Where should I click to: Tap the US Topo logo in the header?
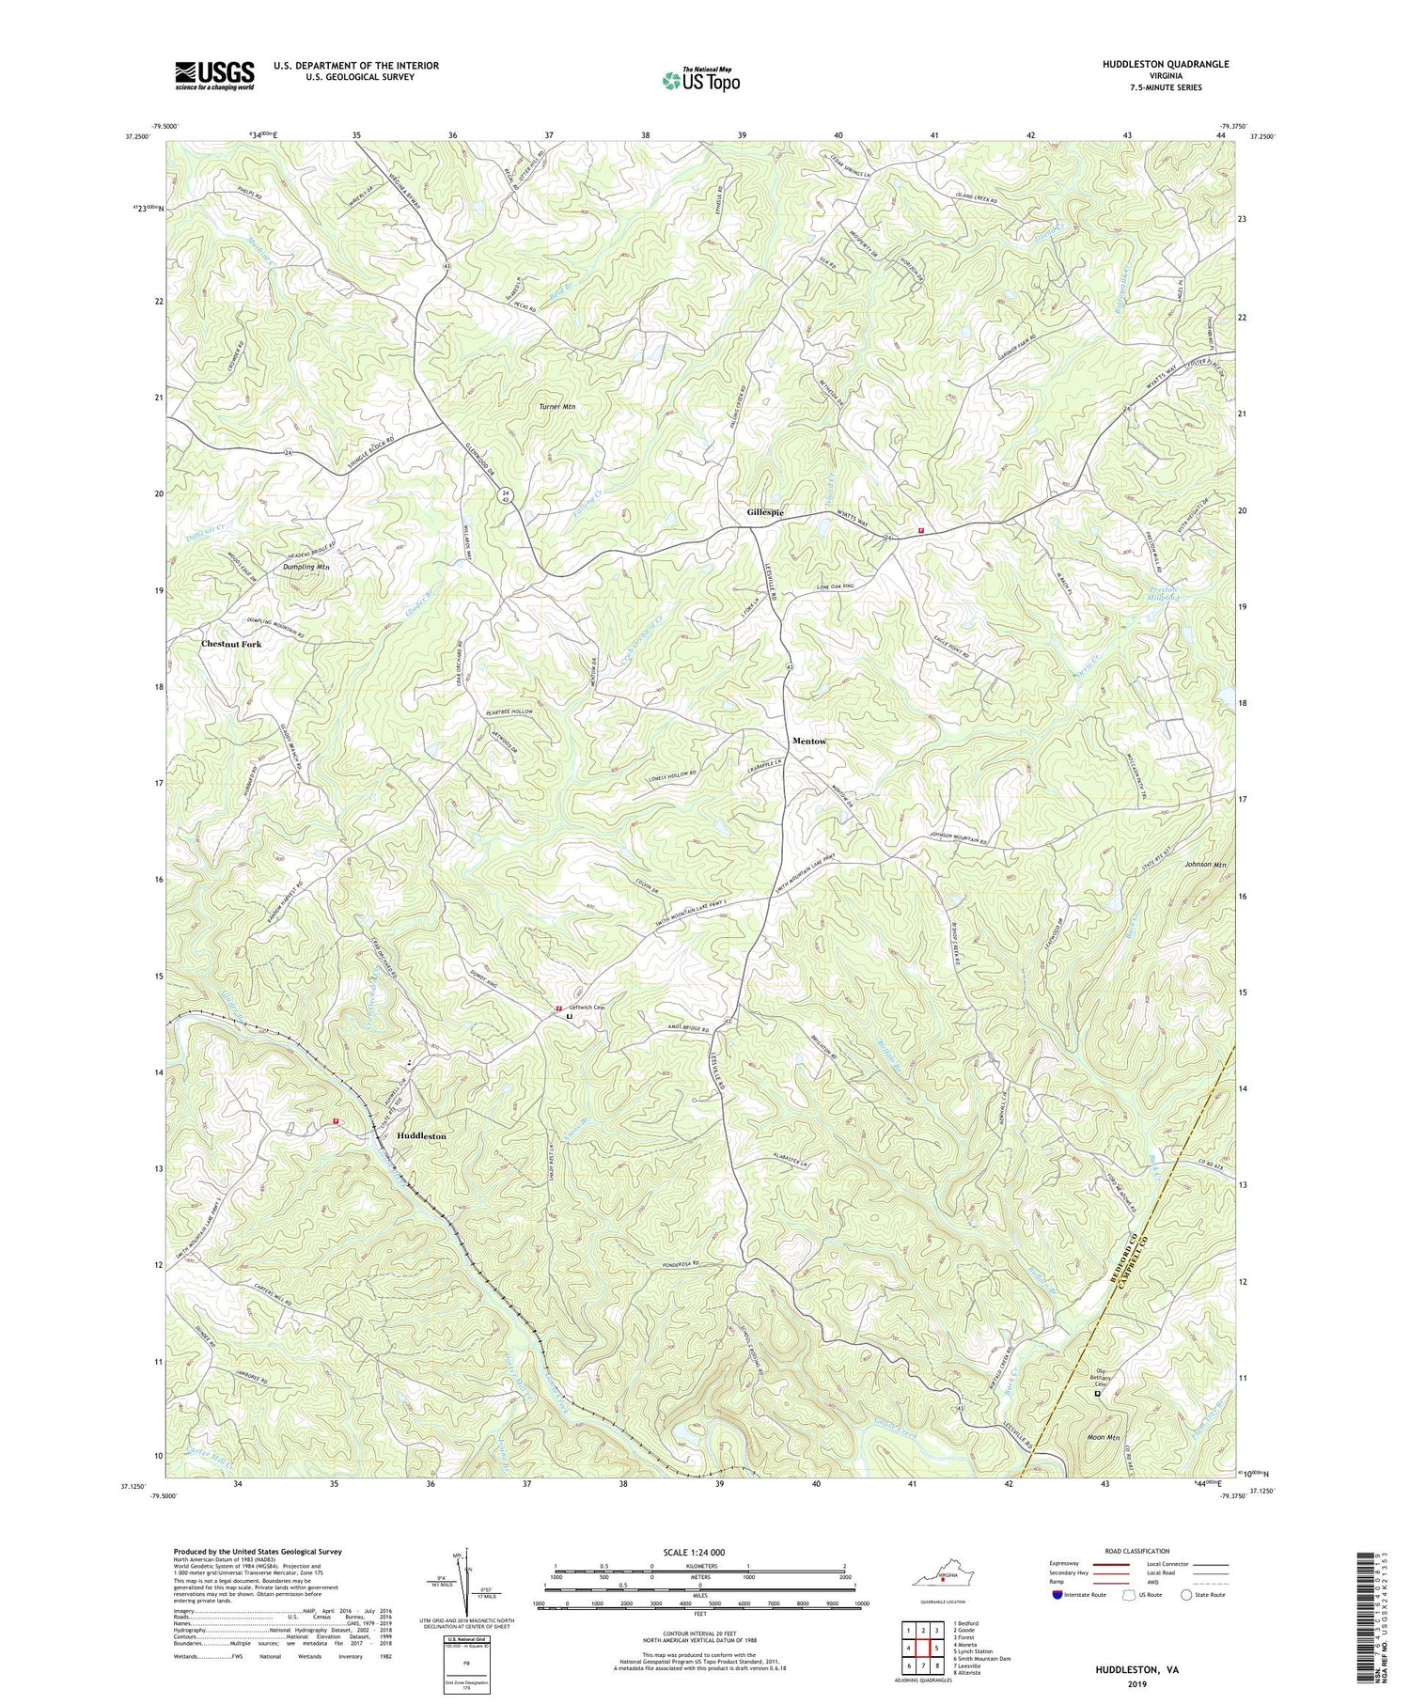[700, 80]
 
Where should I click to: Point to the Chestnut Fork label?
[230, 645]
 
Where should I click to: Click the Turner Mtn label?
[556, 407]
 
